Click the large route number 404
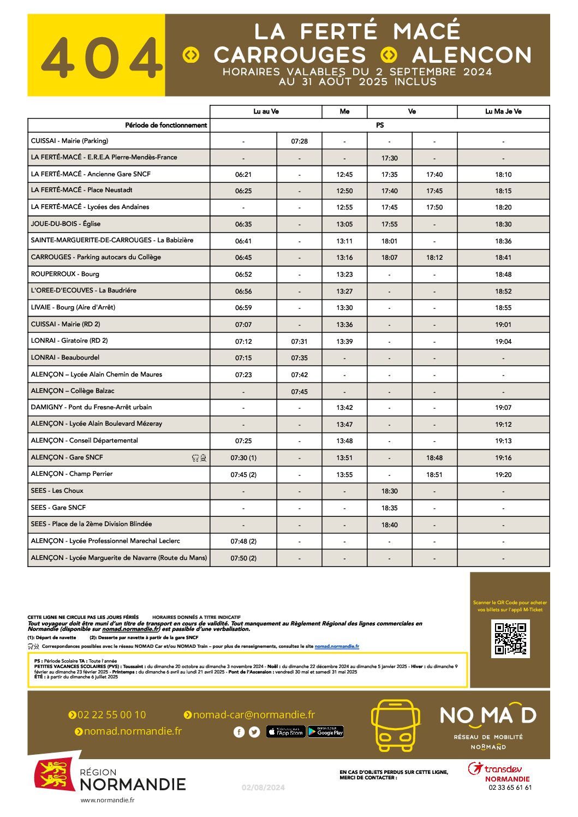tap(102, 58)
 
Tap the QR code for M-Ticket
tap(510, 639)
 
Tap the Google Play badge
tap(326, 732)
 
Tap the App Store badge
tap(286, 732)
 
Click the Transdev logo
tap(495, 769)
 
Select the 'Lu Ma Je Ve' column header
tap(503, 111)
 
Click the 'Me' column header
tap(344, 111)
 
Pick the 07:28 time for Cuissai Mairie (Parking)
tap(299, 141)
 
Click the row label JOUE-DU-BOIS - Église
tap(65, 224)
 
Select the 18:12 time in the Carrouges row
tap(434, 258)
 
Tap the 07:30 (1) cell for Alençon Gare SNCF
tap(243, 458)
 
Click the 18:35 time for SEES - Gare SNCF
tap(389, 508)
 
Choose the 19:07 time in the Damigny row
tap(503, 408)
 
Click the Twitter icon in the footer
tap(254, 732)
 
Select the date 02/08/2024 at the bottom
tap(263, 788)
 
